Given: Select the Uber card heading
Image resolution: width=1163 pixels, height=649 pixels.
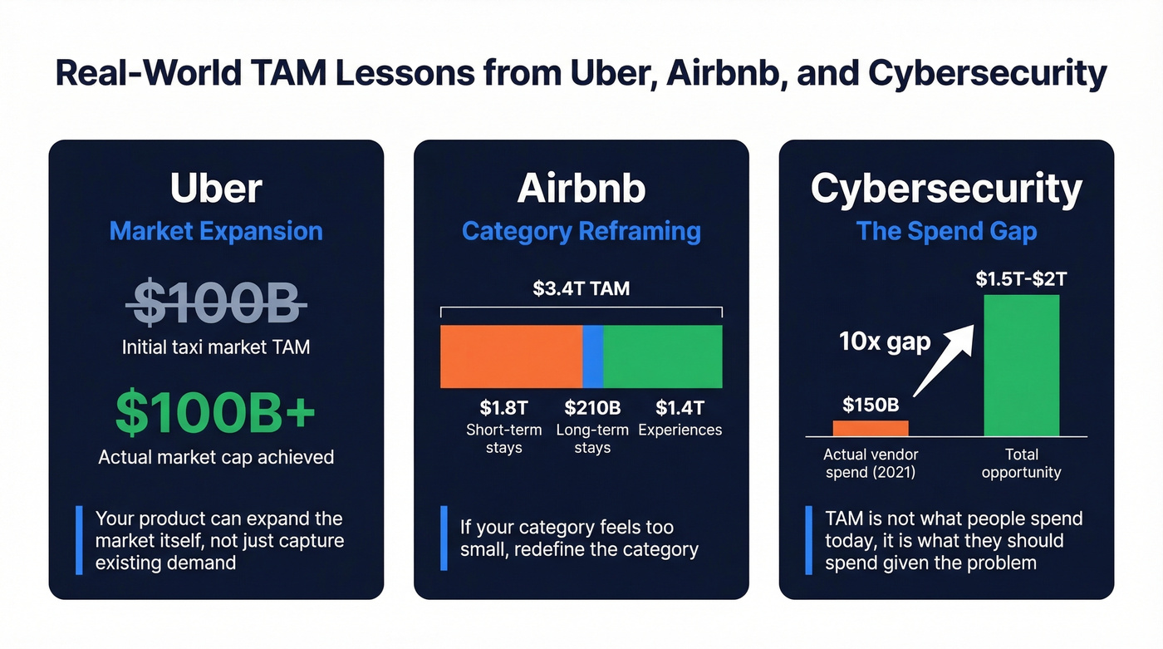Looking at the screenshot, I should point(216,189).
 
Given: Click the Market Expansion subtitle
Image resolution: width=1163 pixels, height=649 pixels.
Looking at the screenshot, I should point(216,231).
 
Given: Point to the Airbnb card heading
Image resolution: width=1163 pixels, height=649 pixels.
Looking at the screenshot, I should point(581,189).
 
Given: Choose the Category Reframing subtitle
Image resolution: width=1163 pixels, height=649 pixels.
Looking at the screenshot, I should point(581,231).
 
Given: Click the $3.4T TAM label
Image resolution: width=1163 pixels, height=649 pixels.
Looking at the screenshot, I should point(581,289).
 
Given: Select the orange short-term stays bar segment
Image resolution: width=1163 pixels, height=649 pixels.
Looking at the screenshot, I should point(510,356).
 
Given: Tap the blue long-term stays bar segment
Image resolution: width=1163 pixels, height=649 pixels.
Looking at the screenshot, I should point(592,356).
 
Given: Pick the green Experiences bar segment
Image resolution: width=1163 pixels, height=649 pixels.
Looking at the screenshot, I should point(663,356).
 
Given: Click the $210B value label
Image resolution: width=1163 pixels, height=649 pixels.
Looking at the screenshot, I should point(592,408).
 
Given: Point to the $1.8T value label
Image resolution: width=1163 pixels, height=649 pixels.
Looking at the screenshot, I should point(503,408).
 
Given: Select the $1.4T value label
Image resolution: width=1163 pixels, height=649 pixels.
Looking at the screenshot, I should point(680,408).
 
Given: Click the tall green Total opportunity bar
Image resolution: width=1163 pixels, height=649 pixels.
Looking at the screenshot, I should point(1021,366).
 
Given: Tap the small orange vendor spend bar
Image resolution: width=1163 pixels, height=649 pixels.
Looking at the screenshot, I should point(871,428).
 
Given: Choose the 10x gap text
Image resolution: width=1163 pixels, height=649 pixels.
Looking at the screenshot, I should point(885,342).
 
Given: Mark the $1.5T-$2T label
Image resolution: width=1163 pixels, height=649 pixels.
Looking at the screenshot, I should point(1021,279).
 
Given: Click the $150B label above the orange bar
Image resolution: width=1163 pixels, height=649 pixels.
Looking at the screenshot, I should point(871,405).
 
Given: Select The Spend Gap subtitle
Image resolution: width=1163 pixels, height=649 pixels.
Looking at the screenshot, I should point(946,231).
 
